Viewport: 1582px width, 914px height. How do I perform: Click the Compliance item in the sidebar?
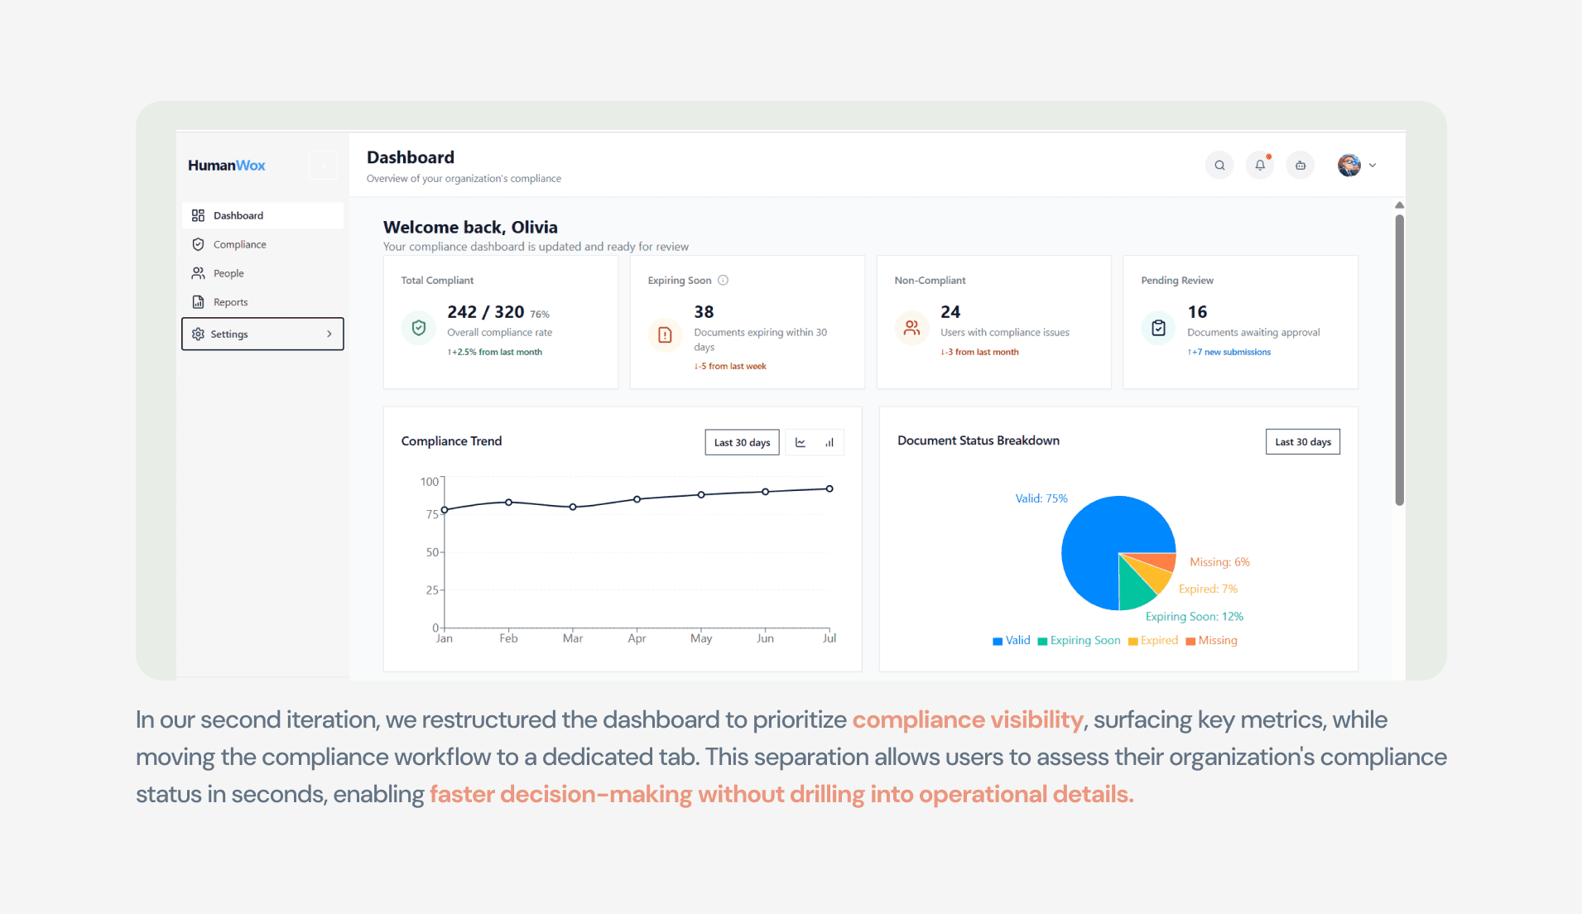(229, 244)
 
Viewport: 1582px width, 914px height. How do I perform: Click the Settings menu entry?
(262, 334)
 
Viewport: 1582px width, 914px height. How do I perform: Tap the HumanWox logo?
(226, 165)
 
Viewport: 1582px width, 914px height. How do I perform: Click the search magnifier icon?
(1219, 165)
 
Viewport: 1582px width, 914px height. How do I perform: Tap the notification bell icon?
(1260, 165)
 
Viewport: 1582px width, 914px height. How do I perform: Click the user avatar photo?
(1349, 165)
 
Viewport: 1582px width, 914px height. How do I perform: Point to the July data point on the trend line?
(829, 488)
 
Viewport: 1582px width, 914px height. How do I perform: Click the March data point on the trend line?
(573, 507)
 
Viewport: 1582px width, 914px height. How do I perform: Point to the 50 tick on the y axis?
(433, 552)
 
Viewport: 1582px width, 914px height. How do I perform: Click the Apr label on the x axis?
(637, 638)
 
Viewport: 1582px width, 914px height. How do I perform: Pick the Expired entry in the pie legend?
(1153, 640)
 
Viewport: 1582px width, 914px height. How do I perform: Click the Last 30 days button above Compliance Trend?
(742, 442)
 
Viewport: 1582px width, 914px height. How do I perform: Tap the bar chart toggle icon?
(829, 442)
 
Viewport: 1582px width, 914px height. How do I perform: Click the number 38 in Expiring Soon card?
(704, 312)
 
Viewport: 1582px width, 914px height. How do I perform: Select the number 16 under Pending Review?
(1197, 312)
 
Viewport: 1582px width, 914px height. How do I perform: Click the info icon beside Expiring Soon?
(723, 280)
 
